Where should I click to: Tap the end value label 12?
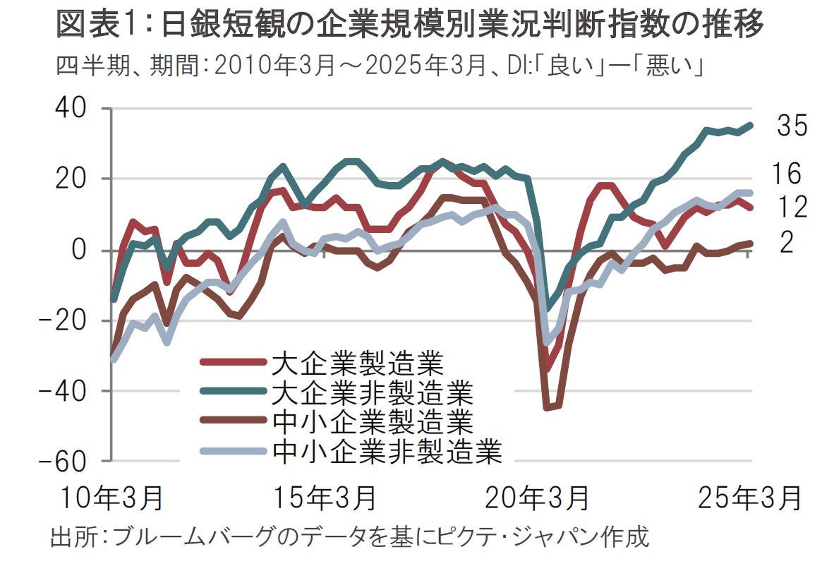coord(792,207)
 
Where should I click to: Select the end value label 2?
coord(787,243)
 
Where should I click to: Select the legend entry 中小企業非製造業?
coord(386,450)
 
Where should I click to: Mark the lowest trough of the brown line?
coord(547,407)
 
